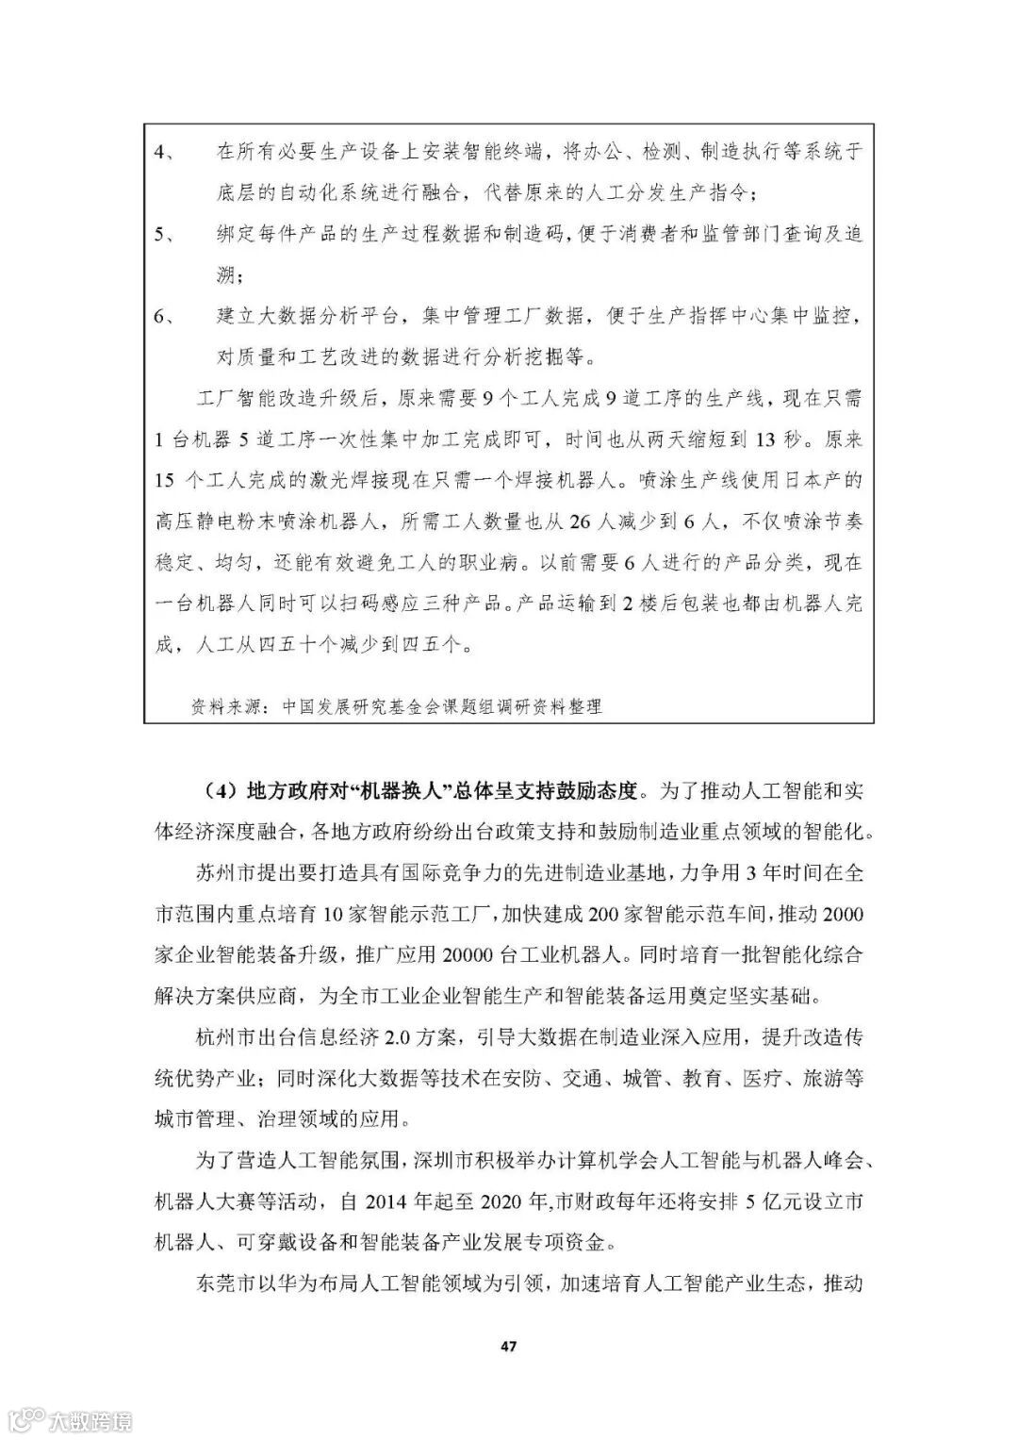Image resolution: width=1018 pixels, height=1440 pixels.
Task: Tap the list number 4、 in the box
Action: coord(164,152)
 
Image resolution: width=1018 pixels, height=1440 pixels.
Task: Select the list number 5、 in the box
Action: coord(164,234)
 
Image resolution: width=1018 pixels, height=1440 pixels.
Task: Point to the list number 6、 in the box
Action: coord(164,316)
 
